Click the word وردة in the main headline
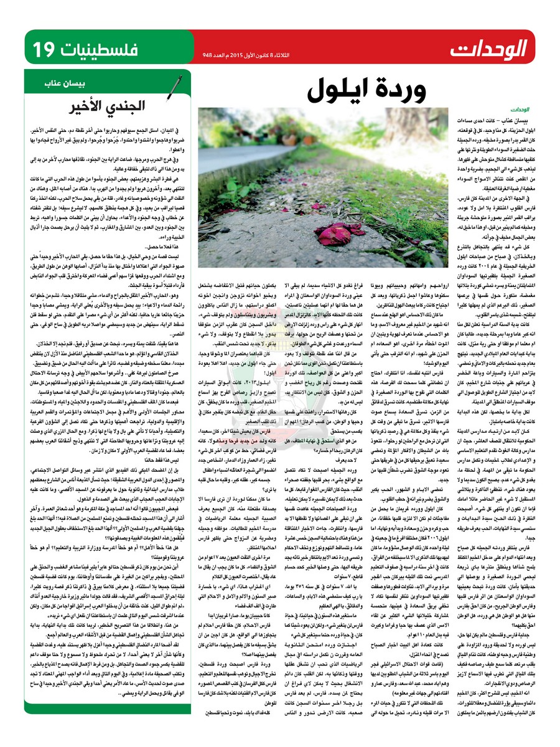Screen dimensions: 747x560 tap(404, 92)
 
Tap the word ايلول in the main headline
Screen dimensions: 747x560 tap(340, 92)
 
